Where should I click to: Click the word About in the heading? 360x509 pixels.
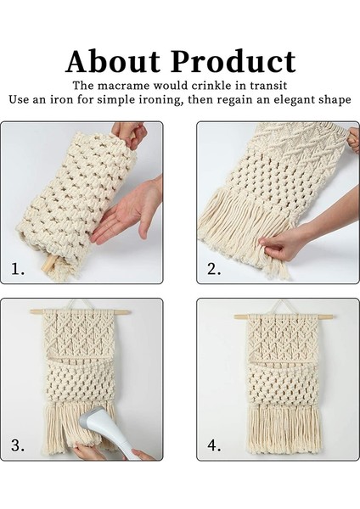[113, 61]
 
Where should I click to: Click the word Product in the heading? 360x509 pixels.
[233, 61]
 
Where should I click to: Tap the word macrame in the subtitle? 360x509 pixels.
[124, 86]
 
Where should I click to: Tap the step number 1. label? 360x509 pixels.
[18, 269]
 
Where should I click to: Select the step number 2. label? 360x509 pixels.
[215, 269]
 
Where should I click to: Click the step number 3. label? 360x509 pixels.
[18, 445]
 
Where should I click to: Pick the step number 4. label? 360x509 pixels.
[215, 445]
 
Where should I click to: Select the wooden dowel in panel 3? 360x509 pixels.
[81, 312]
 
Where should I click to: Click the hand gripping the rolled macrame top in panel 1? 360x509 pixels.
[129, 135]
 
